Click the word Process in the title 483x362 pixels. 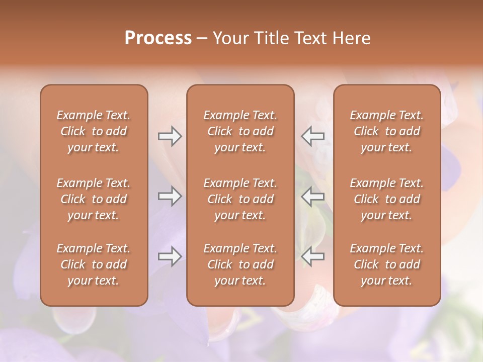[158, 38]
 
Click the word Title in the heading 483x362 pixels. [272, 38]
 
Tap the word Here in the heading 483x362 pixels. [352, 38]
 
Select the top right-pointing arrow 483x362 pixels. [170, 136]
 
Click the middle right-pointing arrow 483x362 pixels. [170, 196]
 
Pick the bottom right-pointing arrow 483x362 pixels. [170, 256]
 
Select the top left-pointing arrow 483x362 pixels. [313, 136]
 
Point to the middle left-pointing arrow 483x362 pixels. [313, 196]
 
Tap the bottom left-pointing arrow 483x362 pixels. [313, 256]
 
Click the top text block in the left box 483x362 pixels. [94, 131]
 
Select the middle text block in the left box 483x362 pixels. [94, 199]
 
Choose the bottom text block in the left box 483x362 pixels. [94, 264]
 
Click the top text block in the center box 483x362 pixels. [240, 131]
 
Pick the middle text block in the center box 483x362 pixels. [240, 199]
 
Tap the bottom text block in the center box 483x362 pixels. [240, 264]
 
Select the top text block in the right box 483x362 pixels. [386, 131]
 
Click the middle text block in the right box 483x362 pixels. [386, 199]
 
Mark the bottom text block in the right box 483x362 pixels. [386, 264]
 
